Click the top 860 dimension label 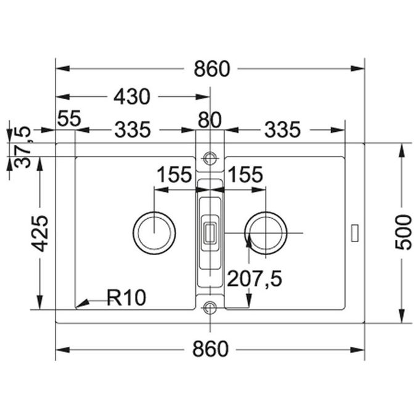211,69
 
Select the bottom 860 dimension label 211,349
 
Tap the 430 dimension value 132,97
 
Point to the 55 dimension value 69,118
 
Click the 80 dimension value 209,120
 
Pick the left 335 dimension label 133,129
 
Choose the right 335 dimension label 282,129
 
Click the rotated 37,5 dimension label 23,147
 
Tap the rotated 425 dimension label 40,234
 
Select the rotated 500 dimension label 404,232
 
